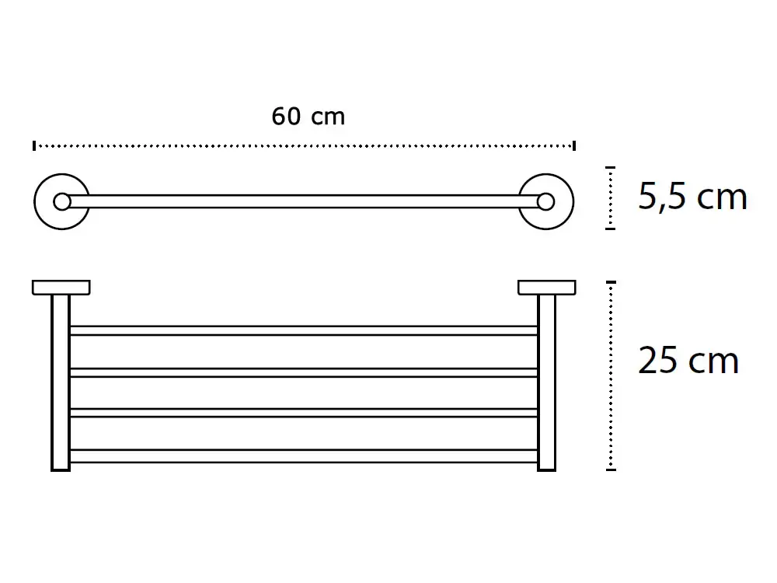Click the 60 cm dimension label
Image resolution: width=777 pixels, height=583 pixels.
308,117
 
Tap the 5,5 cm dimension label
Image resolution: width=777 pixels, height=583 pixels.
692,197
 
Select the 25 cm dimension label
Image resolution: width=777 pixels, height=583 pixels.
688,361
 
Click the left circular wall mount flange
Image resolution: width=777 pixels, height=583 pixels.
37,202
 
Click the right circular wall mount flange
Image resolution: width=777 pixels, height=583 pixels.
571,202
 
